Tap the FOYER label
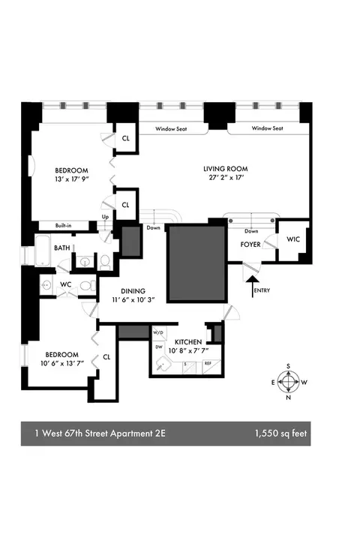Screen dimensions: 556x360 (x=250, y=245)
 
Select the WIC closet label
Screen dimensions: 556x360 (x=292, y=239)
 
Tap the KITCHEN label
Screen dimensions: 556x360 (x=191, y=341)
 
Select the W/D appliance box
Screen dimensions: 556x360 (x=158, y=332)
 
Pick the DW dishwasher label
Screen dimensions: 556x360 (x=158, y=347)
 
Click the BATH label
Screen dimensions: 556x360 (x=61, y=247)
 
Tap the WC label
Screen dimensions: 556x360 (x=65, y=285)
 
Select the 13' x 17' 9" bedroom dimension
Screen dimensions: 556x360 (x=71, y=180)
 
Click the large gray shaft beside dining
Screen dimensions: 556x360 (x=196, y=263)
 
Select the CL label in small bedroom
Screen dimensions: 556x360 (x=106, y=357)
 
